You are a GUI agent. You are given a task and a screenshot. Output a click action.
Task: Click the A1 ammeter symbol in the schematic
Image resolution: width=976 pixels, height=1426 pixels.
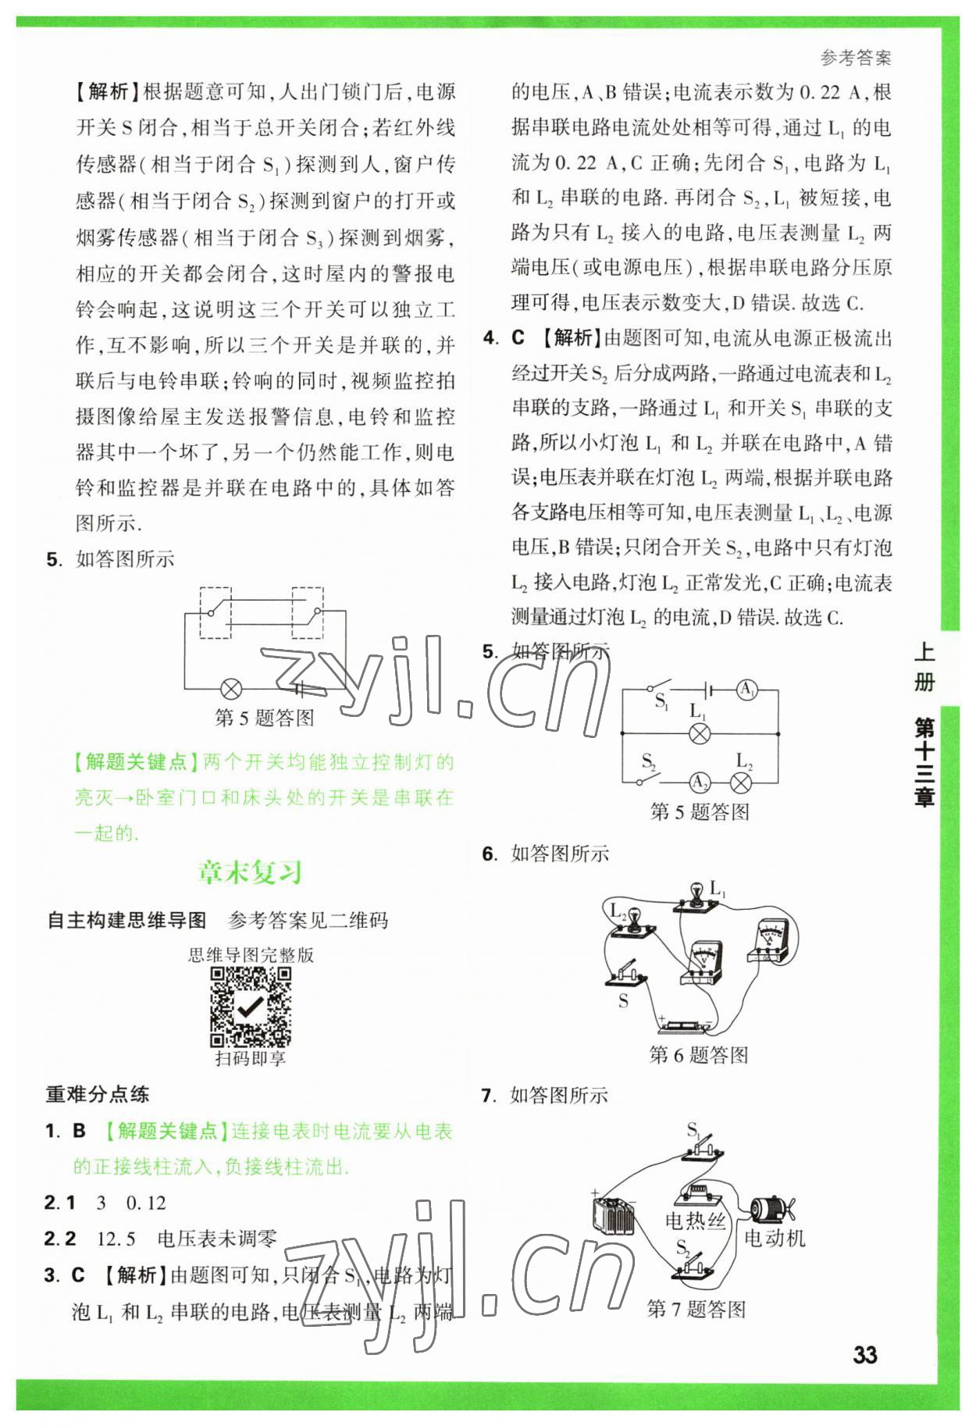tap(747, 690)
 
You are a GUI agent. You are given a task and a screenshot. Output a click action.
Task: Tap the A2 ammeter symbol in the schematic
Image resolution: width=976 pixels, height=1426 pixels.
tap(700, 783)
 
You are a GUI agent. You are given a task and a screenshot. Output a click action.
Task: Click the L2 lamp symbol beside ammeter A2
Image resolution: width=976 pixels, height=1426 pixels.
tap(740, 783)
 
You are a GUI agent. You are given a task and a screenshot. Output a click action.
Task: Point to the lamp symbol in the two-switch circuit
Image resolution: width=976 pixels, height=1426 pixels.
tap(231, 689)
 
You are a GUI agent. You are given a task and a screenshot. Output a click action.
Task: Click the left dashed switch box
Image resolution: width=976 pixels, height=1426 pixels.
tap(216, 613)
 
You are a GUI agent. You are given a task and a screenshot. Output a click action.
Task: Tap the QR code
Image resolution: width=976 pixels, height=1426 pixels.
tap(251, 1007)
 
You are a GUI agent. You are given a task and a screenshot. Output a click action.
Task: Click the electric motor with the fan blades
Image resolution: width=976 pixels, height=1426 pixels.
tap(771, 1209)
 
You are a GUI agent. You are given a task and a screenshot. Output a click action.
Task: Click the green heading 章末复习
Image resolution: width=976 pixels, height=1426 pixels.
tap(250, 872)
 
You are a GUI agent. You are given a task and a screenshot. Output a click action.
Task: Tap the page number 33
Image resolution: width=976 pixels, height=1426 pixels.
tap(864, 1354)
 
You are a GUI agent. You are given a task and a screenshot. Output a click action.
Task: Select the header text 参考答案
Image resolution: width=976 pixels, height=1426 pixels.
tap(856, 57)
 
